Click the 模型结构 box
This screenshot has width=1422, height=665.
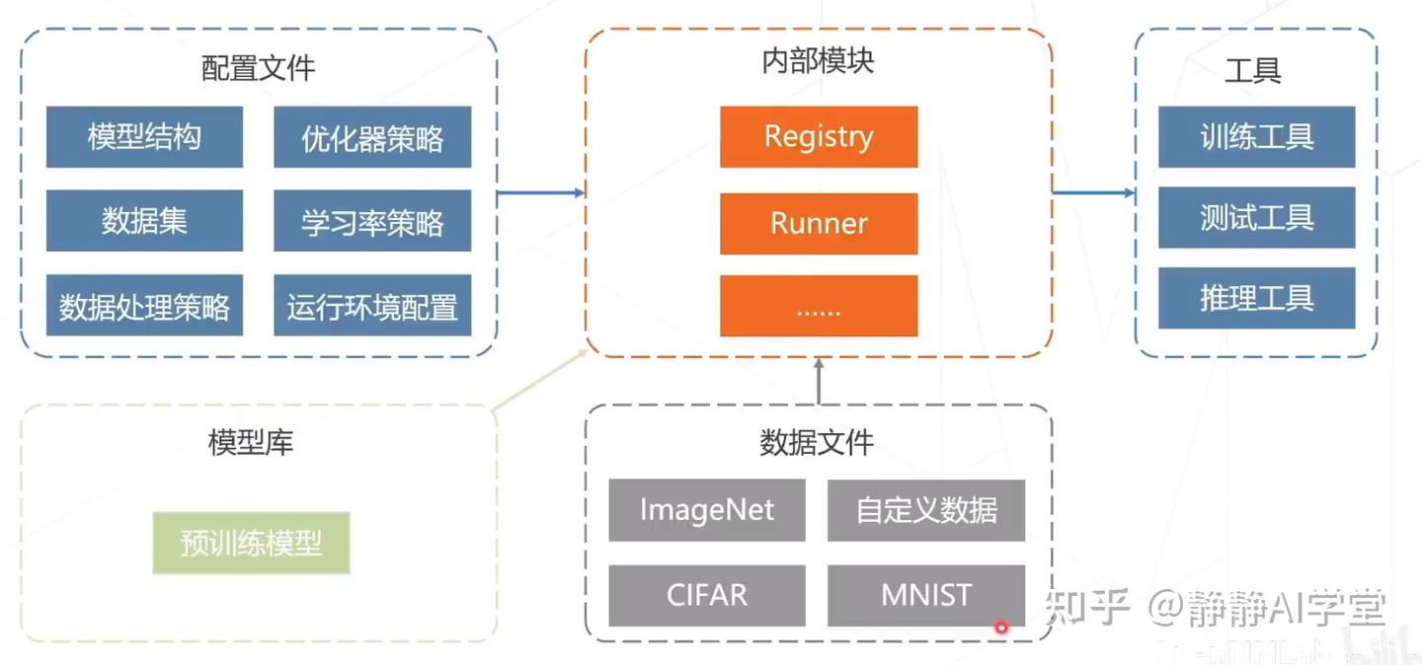point(144,137)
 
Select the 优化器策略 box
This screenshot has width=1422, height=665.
point(372,137)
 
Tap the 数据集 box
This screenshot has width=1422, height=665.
point(144,221)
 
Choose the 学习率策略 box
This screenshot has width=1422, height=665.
point(372,221)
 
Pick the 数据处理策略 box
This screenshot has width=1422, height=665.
point(144,306)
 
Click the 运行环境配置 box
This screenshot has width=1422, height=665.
point(372,306)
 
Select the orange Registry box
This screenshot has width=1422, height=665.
point(819,137)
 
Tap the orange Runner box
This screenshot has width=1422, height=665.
point(819,222)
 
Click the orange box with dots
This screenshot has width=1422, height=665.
point(819,306)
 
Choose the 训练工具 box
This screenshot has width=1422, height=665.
point(1256,137)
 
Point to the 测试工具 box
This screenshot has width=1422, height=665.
point(1256,217)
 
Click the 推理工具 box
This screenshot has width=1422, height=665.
point(1256,298)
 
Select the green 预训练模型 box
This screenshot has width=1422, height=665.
point(251,543)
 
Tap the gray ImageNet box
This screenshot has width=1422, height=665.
point(707,510)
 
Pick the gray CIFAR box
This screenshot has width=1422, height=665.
point(707,595)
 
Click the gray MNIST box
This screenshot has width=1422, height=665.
point(926,595)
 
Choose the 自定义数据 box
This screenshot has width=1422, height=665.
point(926,510)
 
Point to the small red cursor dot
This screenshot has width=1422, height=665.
point(1001,627)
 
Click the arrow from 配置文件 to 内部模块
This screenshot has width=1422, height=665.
point(541,192)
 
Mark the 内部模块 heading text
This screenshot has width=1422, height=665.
point(818,61)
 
